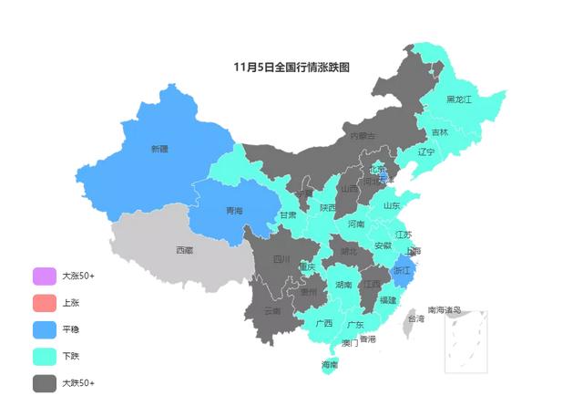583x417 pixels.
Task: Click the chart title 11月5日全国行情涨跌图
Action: [x=291, y=67]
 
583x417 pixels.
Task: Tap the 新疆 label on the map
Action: [x=159, y=149]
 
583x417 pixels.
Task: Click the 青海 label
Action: [x=234, y=211]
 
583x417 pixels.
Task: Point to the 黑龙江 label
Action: [x=459, y=99]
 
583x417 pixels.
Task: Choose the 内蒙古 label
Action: [x=363, y=136]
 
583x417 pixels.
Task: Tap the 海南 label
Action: [x=330, y=365]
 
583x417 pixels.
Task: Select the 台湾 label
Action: [x=415, y=319]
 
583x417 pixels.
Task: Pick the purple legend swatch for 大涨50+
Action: [x=45, y=275]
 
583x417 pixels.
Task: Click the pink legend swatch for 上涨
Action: [x=45, y=302]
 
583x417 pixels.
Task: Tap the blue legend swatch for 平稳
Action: [x=45, y=329]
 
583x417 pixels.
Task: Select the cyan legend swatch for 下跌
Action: [x=45, y=356]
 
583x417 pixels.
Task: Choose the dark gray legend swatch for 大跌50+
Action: [x=45, y=383]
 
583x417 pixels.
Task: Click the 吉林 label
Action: [x=439, y=132]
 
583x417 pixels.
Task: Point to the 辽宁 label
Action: [x=425, y=152]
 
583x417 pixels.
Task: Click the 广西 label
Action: [x=323, y=323]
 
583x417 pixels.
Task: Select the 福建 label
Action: [x=388, y=299]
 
